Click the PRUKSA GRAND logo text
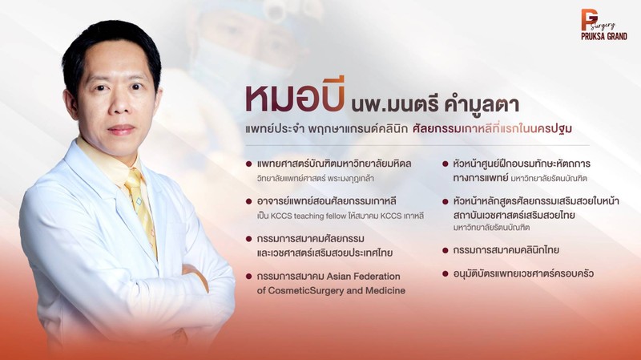pos(604,36)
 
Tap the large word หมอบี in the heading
pos(294,99)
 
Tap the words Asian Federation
pos(364,276)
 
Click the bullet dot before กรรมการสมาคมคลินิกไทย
pos(445,250)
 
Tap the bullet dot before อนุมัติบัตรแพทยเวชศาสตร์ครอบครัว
pos(445,273)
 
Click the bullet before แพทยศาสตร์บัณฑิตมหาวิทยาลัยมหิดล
pos(248,164)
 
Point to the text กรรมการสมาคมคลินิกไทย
pos(506,250)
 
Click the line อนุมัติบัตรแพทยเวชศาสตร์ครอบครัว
pos(523,273)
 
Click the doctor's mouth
pos(121,130)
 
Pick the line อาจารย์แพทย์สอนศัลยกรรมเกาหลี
pos(327,201)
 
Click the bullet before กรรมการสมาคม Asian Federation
pos(248,277)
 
